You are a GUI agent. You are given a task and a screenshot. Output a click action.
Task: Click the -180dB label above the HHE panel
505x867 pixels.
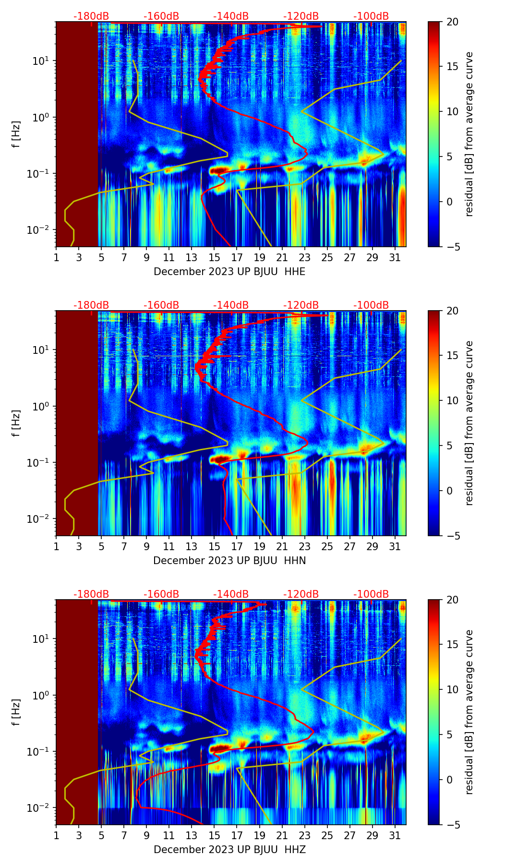click(x=91, y=16)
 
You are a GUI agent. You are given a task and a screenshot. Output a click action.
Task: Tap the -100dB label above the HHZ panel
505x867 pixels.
click(x=371, y=594)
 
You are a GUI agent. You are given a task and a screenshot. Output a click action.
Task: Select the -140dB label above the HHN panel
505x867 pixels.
click(x=231, y=305)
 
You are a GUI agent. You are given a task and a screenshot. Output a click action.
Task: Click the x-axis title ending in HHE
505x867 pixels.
click(x=229, y=272)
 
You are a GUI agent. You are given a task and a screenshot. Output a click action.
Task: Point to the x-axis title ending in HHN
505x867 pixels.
click(x=229, y=561)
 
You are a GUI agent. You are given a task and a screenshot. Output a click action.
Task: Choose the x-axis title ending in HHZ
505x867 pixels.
click(x=229, y=850)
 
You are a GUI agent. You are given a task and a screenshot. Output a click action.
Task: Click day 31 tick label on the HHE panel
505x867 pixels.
click(x=395, y=258)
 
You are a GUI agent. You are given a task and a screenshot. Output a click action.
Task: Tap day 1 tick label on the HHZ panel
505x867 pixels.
click(x=56, y=836)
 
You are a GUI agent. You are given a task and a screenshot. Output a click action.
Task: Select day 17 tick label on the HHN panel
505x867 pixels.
click(x=237, y=547)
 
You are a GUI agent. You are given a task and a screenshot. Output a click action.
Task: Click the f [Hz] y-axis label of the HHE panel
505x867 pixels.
click(x=16, y=134)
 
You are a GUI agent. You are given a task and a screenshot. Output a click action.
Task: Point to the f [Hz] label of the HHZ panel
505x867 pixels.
click(x=16, y=712)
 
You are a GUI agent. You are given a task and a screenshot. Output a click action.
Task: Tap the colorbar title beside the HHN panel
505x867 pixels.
click(x=469, y=423)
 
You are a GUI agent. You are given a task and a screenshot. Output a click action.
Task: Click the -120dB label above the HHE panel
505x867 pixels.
click(x=301, y=16)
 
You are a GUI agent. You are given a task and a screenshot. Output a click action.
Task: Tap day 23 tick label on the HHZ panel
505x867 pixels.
click(x=304, y=836)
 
